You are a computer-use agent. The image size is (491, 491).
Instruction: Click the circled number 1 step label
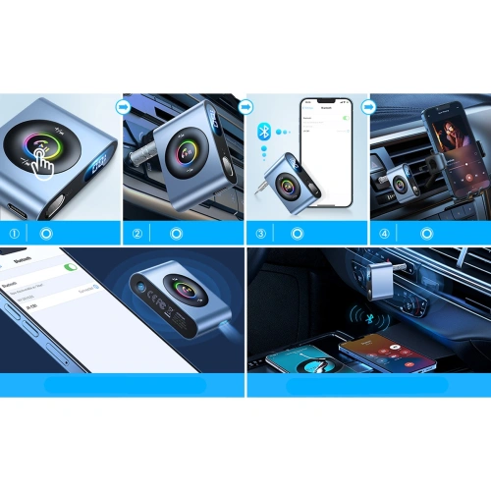(x=14, y=234)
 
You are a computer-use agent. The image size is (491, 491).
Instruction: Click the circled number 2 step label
(x=137, y=234)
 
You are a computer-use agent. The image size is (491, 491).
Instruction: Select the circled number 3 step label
(x=260, y=234)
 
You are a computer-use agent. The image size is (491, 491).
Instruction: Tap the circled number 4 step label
(x=384, y=234)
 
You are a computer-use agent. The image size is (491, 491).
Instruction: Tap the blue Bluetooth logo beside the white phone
(x=262, y=131)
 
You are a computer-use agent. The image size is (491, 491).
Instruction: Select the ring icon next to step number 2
(x=176, y=234)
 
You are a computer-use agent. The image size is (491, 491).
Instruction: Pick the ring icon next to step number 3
(x=299, y=234)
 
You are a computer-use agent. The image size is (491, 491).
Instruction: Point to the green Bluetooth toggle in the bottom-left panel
(x=70, y=267)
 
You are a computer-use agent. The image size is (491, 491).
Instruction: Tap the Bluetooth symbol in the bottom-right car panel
(x=364, y=317)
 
